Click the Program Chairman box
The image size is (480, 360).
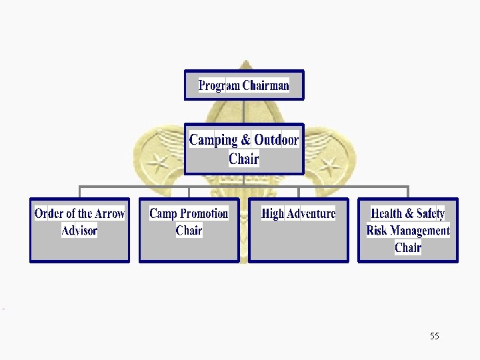tap(244, 85)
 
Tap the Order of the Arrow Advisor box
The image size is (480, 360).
tap(79, 231)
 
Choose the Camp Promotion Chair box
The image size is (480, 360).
tap(189, 231)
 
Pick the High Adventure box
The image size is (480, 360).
tap(298, 231)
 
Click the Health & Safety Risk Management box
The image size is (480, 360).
tap(408, 231)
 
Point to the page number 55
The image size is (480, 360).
tap(435, 336)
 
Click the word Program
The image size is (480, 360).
tap(219, 85)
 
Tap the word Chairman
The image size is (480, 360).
tap(266, 85)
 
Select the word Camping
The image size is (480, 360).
tap(213, 140)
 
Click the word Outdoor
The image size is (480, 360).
tap(276, 140)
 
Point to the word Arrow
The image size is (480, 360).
tap(109, 214)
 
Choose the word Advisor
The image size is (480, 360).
tap(79, 231)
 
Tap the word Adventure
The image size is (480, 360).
tap(311, 214)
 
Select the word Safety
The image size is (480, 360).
tap(430, 214)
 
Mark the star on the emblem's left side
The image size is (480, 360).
tap(159, 162)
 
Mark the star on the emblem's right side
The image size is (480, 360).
tap(329, 163)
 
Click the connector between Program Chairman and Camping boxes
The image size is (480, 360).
tap(244, 112)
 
